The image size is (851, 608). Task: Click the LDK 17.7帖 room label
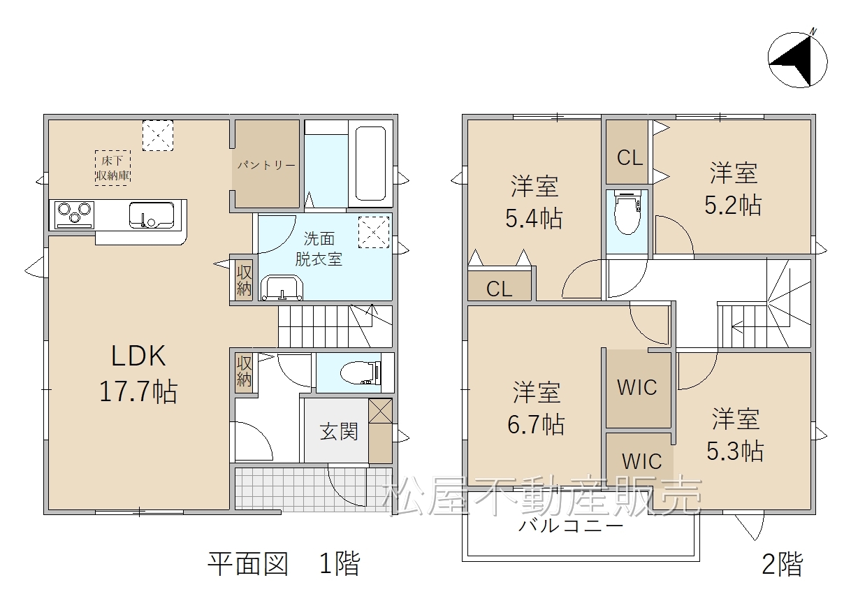(138, 373)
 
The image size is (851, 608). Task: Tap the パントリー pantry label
(266, 166)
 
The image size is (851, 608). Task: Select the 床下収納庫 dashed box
(112, 168)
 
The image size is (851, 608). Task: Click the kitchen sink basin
(152, 215)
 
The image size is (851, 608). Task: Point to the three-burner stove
(75, 215)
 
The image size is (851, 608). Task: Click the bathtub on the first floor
(370, 163)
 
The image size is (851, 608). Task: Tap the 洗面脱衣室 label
(319, 249)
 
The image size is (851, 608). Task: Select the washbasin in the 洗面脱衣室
(282, 288)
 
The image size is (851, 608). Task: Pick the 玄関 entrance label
(339, 432)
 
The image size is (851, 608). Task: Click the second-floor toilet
(627, 212)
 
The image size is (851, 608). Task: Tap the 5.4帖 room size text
(534, 219)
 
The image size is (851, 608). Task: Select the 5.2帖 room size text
(733, 205)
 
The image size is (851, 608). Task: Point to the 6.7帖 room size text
(536, 424)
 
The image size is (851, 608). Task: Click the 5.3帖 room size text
(735, 451)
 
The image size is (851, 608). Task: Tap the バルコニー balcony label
(571, 527)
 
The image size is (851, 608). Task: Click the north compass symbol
(797, 61)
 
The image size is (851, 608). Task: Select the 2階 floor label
(783, 564)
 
